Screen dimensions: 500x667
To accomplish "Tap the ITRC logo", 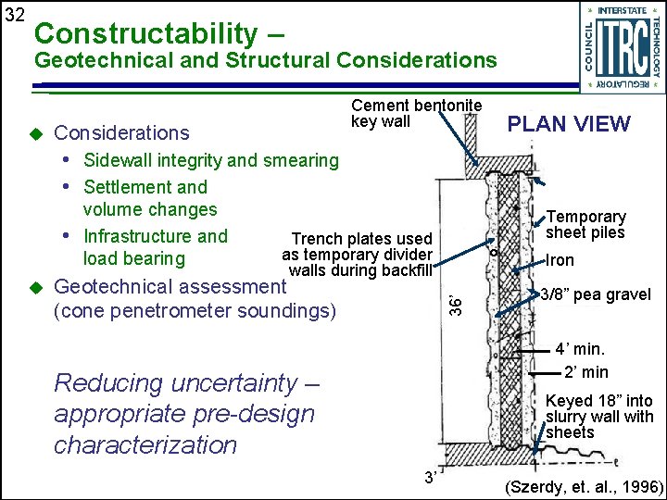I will click(x=621, y=46).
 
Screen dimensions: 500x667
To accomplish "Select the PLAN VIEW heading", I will click(x=568, y=124).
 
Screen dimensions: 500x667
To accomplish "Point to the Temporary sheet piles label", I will click(x=585, y=224).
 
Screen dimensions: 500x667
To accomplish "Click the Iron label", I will click(x=560, y=261).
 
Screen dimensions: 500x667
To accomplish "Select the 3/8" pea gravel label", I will click(x=596, y=295).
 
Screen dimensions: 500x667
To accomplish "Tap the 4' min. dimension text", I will click(x=579, y=350).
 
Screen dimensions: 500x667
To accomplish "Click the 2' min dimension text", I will click(x=586, y=372).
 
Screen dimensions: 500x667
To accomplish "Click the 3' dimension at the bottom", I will click(x=430, y=478).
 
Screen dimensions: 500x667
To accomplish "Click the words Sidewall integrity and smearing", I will click(x=211, y=160).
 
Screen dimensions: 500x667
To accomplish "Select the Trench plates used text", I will click(x=361, y=239).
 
